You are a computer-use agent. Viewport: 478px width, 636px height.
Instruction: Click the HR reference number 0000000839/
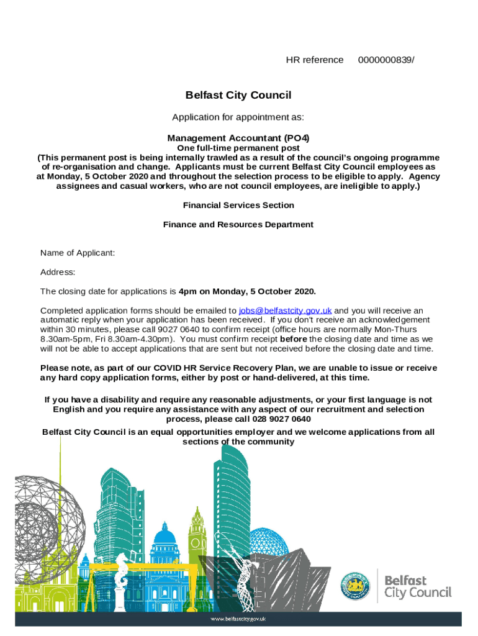[386, 60]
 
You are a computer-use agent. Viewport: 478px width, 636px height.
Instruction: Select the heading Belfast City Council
[238, 95]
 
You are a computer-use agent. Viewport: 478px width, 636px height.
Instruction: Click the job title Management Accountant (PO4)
[238, 138]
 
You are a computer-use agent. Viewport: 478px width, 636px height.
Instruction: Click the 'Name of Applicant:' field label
[78, 253]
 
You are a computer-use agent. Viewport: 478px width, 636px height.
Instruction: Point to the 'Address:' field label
[58, 272]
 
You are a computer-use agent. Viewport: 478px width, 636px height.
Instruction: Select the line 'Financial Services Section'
[238, 205]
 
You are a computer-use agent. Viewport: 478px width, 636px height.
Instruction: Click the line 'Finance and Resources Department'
[238, 224]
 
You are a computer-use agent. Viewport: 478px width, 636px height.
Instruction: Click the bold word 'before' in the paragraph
[294, 339]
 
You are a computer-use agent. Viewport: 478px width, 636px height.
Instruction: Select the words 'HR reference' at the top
[314, 60]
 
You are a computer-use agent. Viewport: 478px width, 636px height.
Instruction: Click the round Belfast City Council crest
[356, 586]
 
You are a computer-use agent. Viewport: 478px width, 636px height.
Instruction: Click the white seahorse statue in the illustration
[122, 578]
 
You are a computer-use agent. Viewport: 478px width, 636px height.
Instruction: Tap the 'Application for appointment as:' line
[238, 117]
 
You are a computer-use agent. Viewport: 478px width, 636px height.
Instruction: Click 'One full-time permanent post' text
[238, 148]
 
